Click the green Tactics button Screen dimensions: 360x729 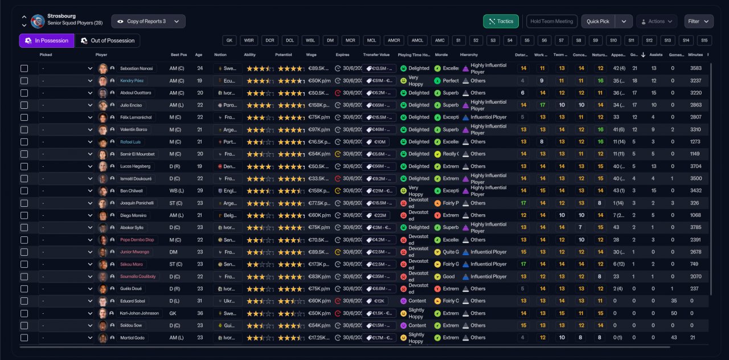point(501,21)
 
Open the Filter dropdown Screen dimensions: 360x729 point(699,21)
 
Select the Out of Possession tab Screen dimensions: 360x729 point(108,40)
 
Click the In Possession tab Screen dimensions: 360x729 point(46,40)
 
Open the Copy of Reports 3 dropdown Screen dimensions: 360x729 point(148,21)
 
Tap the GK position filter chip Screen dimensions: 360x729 point(230,40)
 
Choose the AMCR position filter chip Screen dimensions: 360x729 point(394,40)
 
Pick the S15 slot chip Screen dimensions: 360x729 point(705,40)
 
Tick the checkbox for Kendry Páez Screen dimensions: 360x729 point(24,80)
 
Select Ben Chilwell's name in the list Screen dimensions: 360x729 point(132,191)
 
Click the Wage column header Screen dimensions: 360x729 point(312,55)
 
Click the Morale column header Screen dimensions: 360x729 point(441,55)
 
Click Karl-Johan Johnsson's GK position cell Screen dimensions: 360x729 point(175,313)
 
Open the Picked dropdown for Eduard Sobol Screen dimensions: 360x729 point(67,301)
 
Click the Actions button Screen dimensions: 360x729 point(656,21)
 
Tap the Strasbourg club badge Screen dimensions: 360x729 point(38,21)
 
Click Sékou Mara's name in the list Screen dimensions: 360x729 point(132,264)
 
